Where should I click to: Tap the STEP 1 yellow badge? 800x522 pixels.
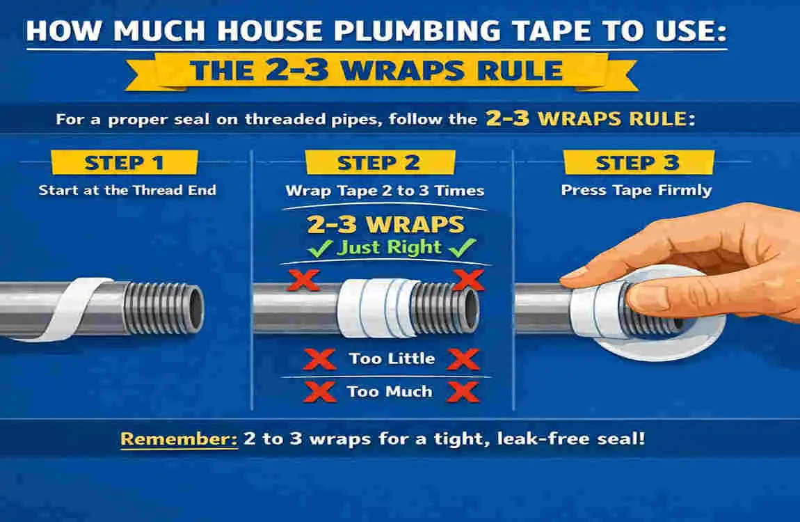(x=124, y=163)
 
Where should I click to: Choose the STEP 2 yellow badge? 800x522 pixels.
(x=379, y=163)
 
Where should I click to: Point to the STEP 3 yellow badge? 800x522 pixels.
(x=637, y=163)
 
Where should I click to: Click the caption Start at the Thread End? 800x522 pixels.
(x=127, y=190)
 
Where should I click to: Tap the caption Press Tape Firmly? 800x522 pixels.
(x=637, y=190)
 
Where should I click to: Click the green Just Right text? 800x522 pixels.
(x=389, y=247)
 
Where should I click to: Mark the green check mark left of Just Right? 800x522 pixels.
(x=322, y=247)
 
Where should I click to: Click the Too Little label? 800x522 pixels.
(x=392, y=359)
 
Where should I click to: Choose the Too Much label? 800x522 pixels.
(x=390, y=391)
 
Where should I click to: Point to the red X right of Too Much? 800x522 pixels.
(x=461, y=391)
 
